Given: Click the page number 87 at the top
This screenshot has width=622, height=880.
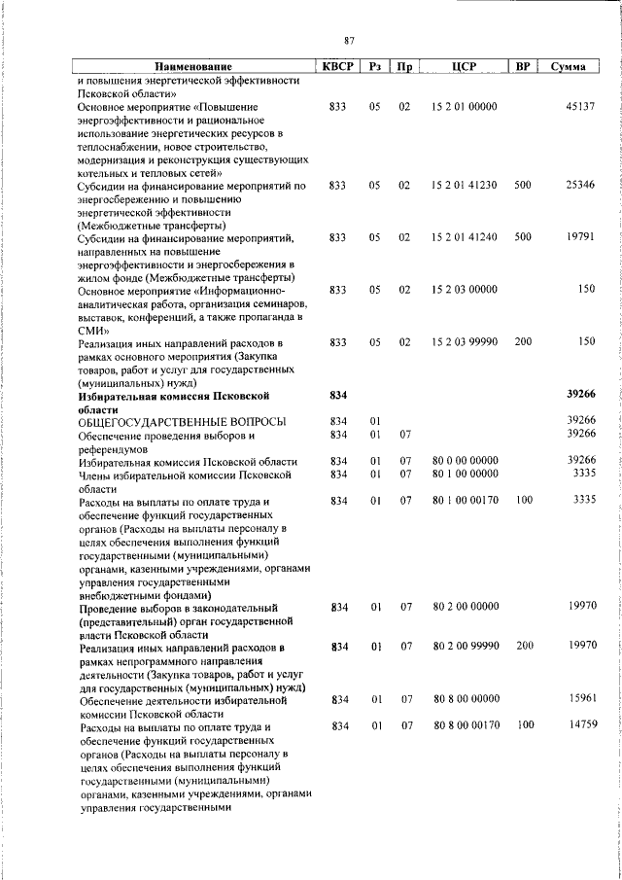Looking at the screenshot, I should point(349,40).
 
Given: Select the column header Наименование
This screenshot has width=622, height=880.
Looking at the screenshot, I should point(191,67).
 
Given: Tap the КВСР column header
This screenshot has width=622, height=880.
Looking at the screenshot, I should point(336,67).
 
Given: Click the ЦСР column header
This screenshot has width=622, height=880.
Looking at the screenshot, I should point(463,67).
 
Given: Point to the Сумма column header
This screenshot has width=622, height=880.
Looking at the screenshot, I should point(567,67).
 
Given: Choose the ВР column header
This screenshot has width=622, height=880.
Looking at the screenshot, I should point(523,67).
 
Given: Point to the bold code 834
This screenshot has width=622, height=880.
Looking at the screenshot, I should point(337,395).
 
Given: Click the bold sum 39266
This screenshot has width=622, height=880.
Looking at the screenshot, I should point(579,395).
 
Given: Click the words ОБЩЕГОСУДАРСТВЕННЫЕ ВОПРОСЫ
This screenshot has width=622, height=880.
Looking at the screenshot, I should point(182,421).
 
